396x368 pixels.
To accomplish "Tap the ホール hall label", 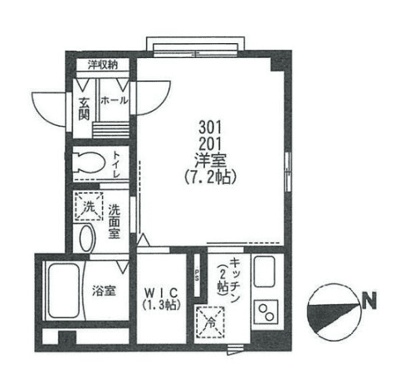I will pos(113,99).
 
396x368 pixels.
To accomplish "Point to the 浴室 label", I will pos(104,292).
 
